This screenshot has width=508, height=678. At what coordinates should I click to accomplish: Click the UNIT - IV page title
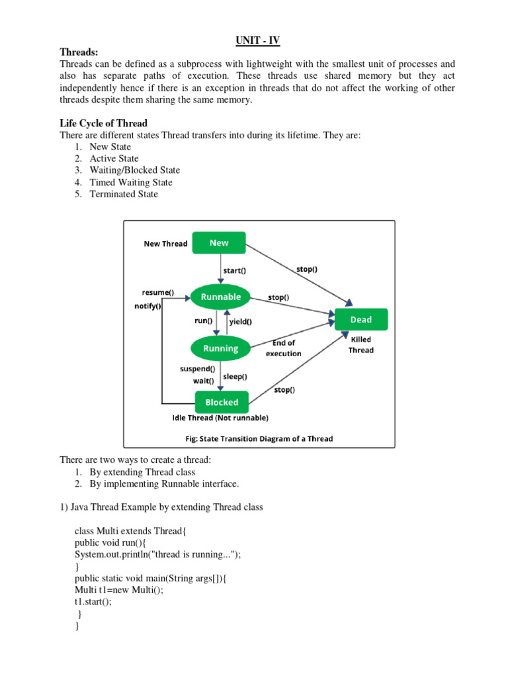pyautogui.click(x=258, y=40)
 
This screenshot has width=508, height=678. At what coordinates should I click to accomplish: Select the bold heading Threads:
pyautogui.click(x=79, y=52)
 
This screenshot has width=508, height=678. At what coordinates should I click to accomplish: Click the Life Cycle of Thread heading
pyautogui.click(x=103, y=123)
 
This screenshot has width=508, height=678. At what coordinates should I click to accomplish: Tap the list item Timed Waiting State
pyautogui.click(x=131, y=182)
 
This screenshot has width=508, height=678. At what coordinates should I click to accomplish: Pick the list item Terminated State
pyautogui.click(x=124, y=194)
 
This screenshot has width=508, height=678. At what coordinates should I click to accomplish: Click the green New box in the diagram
pyautogui.click(x=219, y=243)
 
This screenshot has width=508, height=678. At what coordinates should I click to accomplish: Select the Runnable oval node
pyautogui.click(x=221, y=297)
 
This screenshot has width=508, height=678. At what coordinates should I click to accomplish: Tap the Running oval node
pyautogui.click(x=221, y=348)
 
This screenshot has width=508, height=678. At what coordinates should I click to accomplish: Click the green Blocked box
pyautogui.click(x=222, y=402)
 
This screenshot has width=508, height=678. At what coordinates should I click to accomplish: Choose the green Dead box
pyautogui.click(x=361, y=320)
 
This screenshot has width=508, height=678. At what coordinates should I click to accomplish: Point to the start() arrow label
pyautogui.click(x=236, y=269)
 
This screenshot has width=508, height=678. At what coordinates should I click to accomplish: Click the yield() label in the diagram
pyautogui.click(x=240, y=322)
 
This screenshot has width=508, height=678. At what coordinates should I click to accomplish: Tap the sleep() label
pyautogui.click(x=235, y=376)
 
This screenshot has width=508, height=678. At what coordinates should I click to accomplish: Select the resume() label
pyautogui.click(x=158, y=292)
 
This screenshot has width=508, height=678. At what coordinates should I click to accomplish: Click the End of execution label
pyautogui.click(x=283, y=348)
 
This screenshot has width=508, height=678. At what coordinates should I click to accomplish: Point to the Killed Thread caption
pyautogui.click(x=361, y=345)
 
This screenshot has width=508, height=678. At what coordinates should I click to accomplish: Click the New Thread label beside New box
pyautogui.click(x=165, y=244)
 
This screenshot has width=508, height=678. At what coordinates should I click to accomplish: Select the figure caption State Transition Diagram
pyautogui.click(x=259, y=438)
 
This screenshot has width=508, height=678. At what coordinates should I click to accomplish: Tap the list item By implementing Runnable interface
pyautogui.click(x=164, y=484)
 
